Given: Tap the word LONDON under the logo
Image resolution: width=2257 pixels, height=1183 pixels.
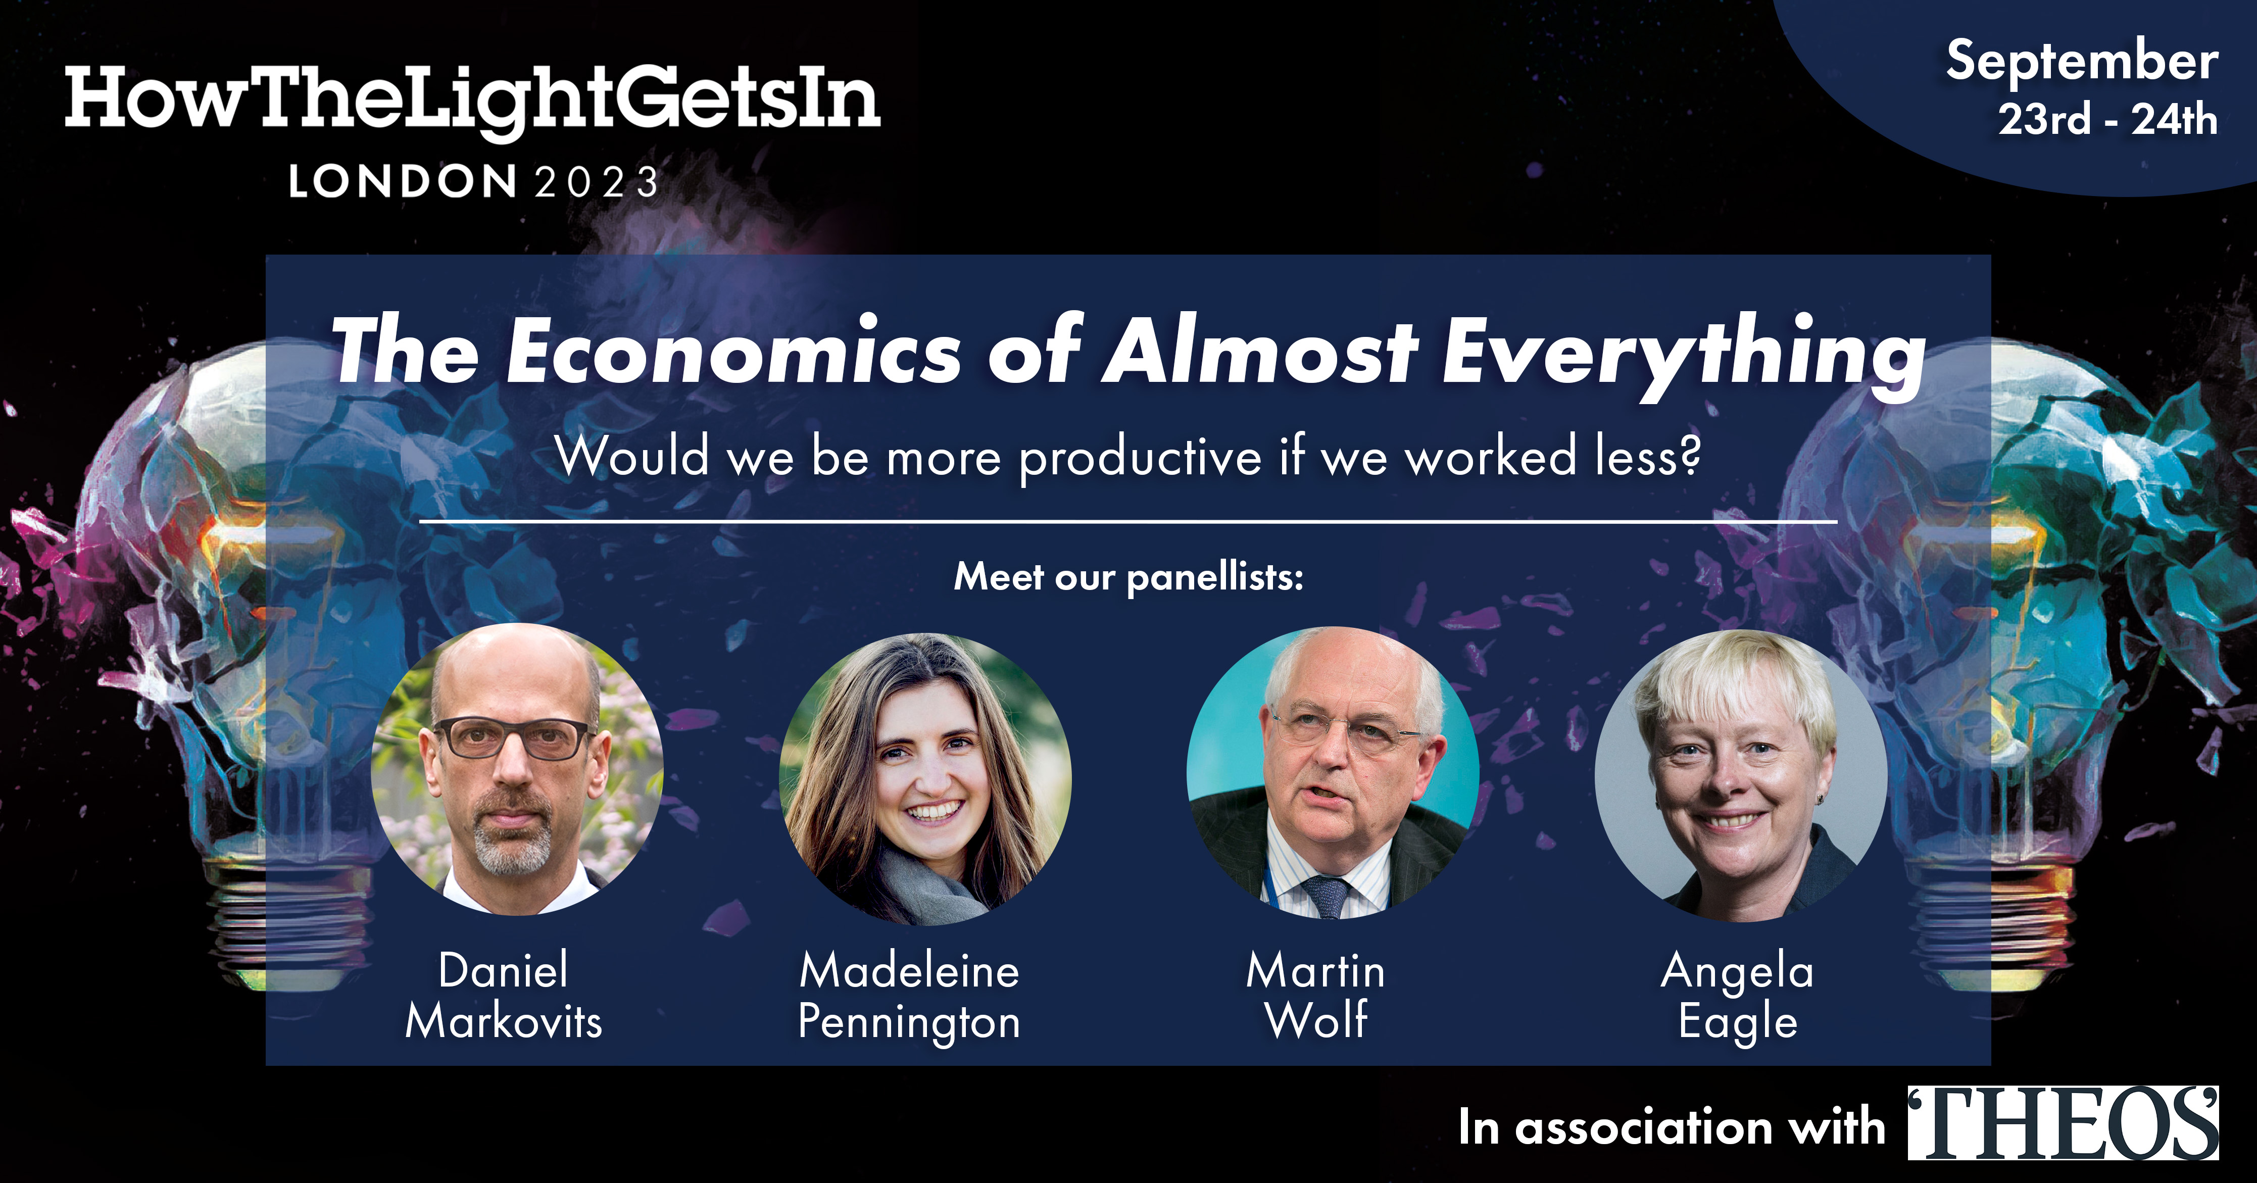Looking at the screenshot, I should point(403,182).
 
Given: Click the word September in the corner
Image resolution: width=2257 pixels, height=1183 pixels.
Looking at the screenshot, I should point(2082,61).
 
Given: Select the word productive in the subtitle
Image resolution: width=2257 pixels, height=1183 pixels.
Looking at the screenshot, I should point(1140,458).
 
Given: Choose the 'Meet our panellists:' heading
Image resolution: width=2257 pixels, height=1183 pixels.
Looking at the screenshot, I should point(1128,577).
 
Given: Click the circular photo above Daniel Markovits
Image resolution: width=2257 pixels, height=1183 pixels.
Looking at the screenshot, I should point(517,769).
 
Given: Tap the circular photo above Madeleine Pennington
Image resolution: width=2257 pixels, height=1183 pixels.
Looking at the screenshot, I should point(925,778).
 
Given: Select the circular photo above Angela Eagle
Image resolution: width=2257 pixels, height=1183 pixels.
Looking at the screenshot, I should point(1741,775).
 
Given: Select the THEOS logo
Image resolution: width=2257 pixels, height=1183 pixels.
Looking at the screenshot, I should point(2064,1123).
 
